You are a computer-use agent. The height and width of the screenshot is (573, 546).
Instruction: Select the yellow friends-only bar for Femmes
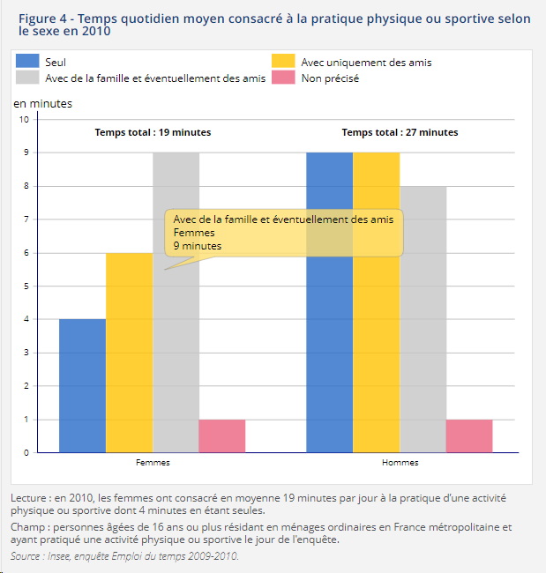pyautogui.click(x=129, y=353)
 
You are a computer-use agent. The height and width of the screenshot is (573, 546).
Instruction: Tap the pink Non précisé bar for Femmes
pyautogui.click(x=221, y=435)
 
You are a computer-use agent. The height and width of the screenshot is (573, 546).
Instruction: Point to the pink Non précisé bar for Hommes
pyautogui.click(x=469, y=435)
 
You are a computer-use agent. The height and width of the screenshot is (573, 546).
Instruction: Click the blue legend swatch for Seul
pyautogui.click(x=28, y=61)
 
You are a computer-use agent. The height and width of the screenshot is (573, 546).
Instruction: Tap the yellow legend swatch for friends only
pyautogui.click(x=282, y=61)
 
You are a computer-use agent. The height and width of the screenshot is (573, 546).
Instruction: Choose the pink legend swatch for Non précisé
pyautogui.click(x=282, y=78)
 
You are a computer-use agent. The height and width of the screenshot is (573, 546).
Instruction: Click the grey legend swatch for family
pyautogui.click(x=28, y=78)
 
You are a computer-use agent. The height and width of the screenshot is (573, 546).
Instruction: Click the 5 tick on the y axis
pyautogui.click(x=26, y=286)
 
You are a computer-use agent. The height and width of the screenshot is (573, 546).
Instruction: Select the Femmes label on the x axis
pyautogui.click(x=153, y=463)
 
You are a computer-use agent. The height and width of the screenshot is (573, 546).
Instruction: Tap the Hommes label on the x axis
pyautogui.click(x=400, y=463)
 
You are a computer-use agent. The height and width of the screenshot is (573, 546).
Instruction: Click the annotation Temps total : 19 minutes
pyautogui.click(x=153, y=132)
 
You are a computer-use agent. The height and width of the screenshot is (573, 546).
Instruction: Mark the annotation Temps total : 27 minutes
pyautogui.click(x=400, y=132)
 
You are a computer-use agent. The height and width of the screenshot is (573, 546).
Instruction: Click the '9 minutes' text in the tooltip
pyautogui.click(x=198, y=246)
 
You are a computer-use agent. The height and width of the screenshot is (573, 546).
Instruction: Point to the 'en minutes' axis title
pyautogui.click(x=42, y=103)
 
